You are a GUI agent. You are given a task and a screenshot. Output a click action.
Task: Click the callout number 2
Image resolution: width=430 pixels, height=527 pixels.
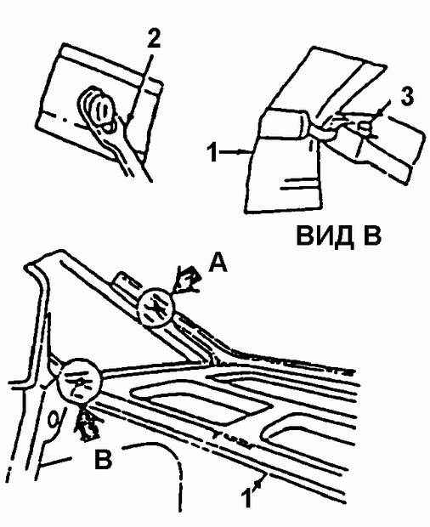click(152, 41)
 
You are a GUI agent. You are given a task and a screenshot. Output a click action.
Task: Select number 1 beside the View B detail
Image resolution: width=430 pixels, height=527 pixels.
click(212, 153)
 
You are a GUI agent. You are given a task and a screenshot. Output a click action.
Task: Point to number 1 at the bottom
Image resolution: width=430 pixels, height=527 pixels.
click(246, 498)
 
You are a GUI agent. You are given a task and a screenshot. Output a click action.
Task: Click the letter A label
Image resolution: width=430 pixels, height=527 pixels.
click(218, 262)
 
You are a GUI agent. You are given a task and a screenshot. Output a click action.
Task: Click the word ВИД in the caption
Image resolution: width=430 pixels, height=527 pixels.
click(325, 236)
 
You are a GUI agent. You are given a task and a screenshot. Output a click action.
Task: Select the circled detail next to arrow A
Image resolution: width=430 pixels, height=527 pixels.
click(156, 309)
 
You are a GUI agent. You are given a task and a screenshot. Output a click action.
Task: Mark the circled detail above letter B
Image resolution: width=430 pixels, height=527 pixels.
click(79, 379)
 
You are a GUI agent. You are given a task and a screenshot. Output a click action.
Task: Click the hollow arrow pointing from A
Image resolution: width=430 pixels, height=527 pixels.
click(186, 280)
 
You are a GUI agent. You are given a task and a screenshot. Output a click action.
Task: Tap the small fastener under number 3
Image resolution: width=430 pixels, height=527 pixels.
click(365, 127)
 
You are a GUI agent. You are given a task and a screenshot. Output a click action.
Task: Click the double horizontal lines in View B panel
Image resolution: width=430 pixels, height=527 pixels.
click(300, 184)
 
